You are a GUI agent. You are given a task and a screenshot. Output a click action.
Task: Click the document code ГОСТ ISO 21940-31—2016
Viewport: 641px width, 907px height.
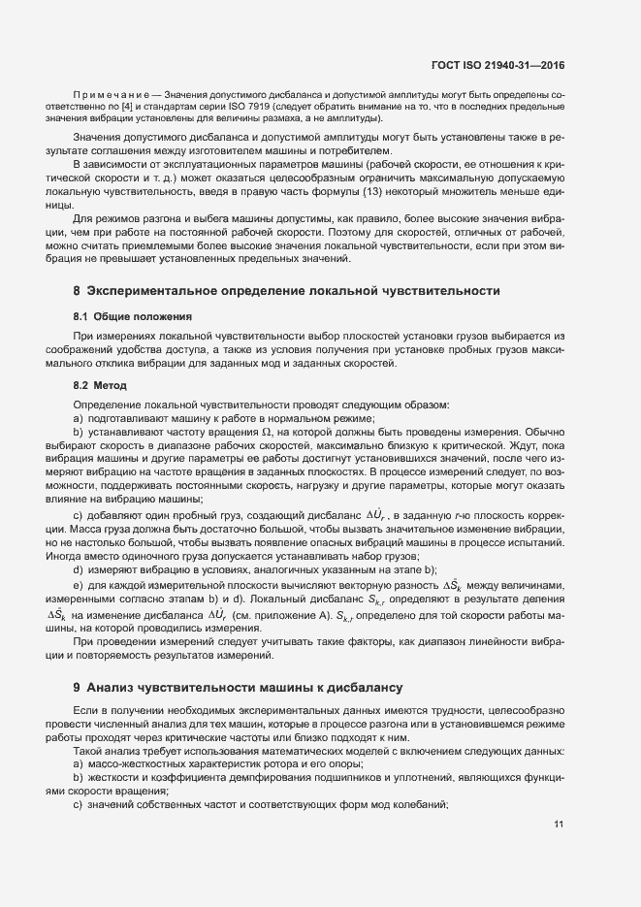(x=497, y=66)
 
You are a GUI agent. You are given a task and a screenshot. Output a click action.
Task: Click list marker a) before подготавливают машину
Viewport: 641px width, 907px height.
(x=79, y=417)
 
